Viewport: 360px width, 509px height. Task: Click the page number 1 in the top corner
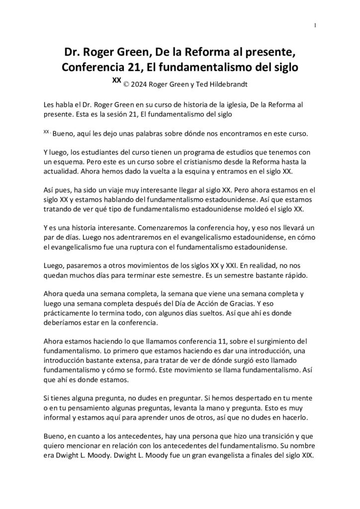(317, 25)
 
